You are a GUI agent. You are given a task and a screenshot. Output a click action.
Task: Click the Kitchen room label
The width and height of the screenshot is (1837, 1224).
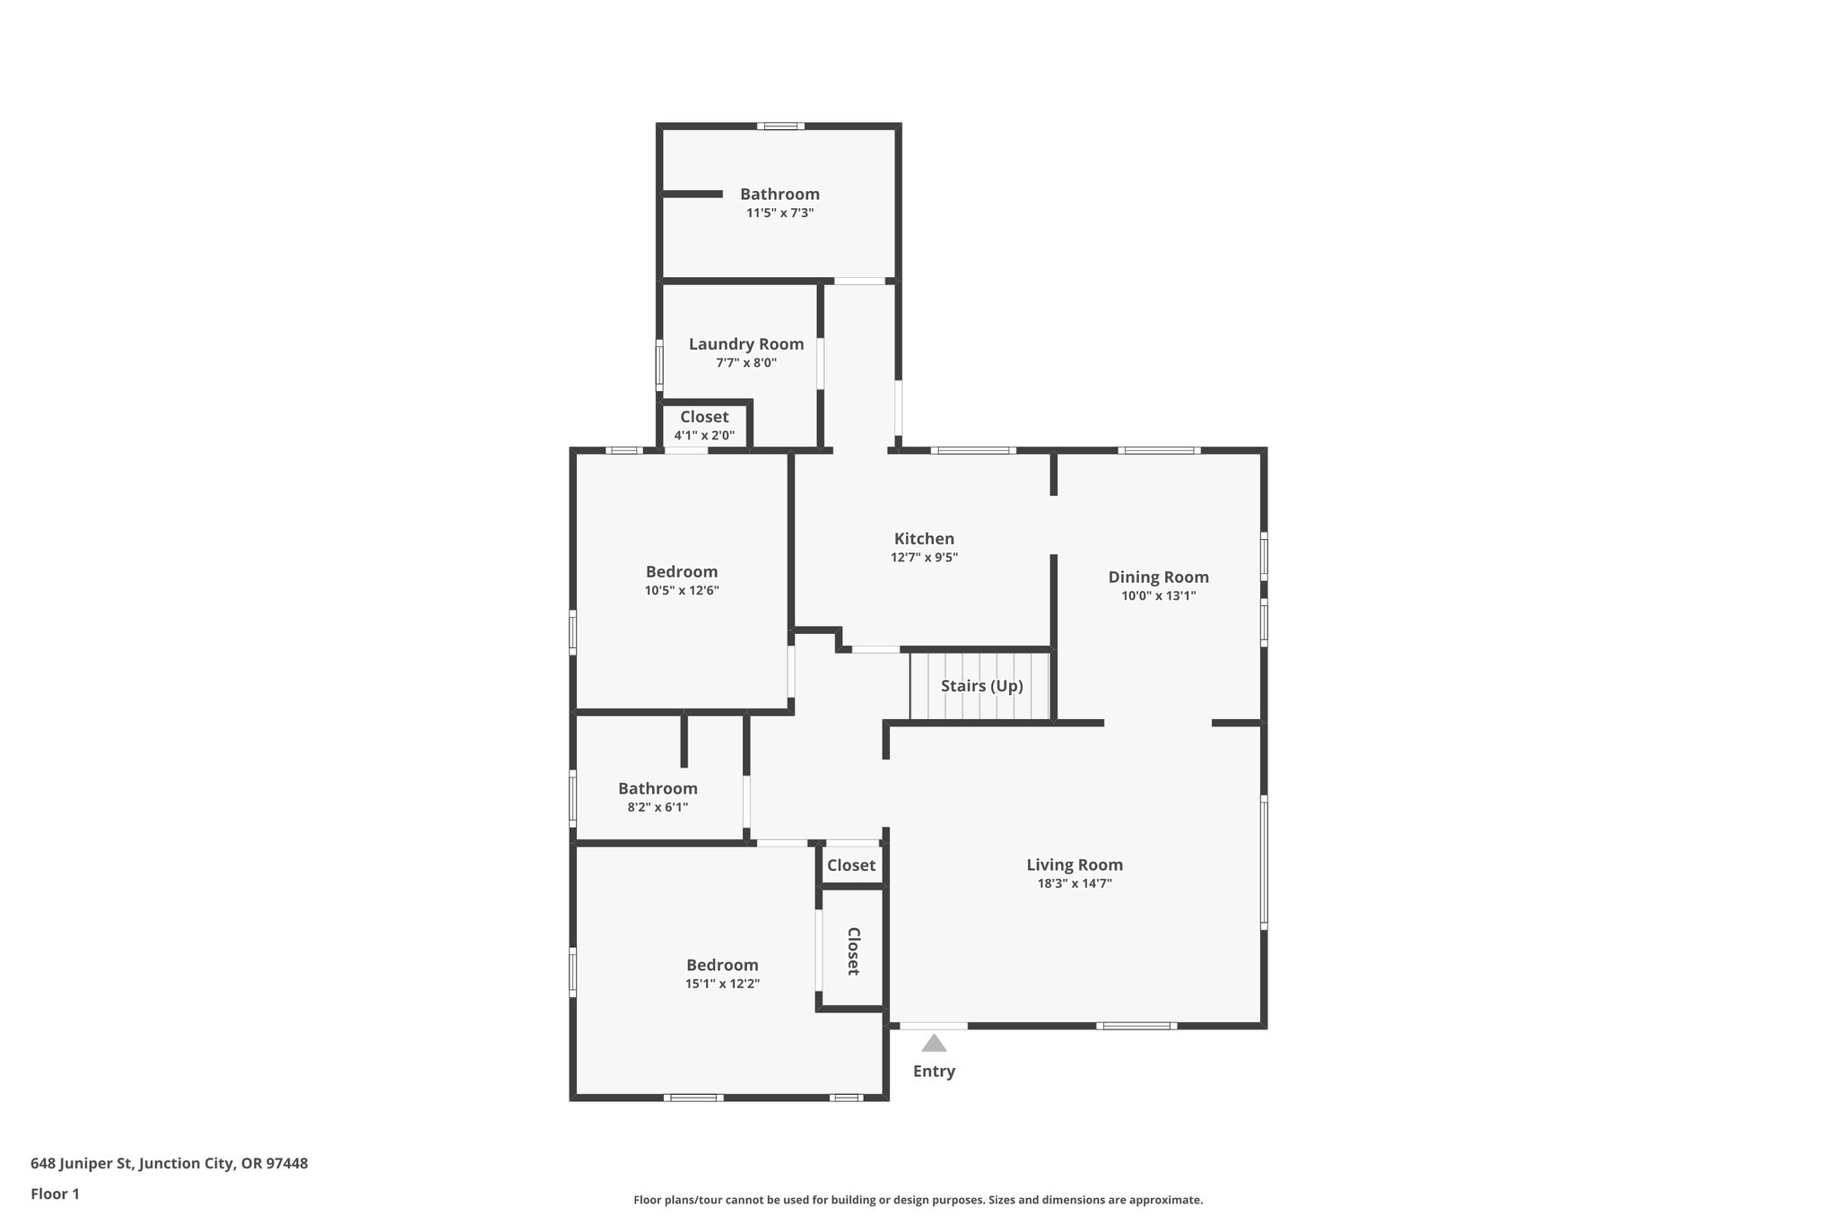(924, 539)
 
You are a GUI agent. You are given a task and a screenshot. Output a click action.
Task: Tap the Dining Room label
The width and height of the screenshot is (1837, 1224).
(1158, 577)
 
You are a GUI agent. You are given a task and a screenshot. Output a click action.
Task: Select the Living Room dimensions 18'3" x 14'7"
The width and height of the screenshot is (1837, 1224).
(1075, 883)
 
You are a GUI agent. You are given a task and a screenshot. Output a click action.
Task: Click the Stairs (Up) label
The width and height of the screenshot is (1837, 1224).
(981, 686)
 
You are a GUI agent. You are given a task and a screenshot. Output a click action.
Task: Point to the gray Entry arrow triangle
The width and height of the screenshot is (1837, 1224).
(934, 1043)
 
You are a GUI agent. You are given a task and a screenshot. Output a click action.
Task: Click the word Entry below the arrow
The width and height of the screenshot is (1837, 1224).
(934, 1071)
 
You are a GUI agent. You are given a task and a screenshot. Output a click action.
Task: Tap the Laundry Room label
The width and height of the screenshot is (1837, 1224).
(746, 344)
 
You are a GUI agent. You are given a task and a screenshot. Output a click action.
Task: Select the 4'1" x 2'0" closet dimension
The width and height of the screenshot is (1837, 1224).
(704, 436)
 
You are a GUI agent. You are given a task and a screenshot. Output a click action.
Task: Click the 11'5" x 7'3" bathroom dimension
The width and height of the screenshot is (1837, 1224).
(779, 213)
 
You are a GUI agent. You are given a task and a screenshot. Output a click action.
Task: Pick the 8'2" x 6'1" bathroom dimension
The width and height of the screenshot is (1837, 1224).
(657, 807)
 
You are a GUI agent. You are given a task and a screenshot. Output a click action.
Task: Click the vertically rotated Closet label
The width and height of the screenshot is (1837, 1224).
(853, 951)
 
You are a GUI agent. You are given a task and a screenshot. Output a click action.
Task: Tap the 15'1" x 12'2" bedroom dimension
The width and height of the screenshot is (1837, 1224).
(722, 984)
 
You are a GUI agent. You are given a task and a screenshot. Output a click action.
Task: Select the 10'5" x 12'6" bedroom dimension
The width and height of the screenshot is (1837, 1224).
(682, 591)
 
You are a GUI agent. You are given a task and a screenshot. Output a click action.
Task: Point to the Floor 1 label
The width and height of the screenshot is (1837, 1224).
(55, 1194)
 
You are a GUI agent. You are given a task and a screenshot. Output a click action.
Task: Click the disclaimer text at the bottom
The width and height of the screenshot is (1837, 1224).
(918, 1200)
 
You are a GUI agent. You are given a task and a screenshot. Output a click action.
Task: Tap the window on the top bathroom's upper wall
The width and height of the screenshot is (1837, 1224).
(779, 126)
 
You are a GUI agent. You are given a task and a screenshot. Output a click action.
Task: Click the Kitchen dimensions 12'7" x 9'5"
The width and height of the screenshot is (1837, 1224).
(924, 557)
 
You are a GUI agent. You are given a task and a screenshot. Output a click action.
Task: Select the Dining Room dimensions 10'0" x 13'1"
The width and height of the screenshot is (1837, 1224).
(1158, 595)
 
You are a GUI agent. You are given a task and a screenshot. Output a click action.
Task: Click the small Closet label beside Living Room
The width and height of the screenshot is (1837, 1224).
(851, 865)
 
